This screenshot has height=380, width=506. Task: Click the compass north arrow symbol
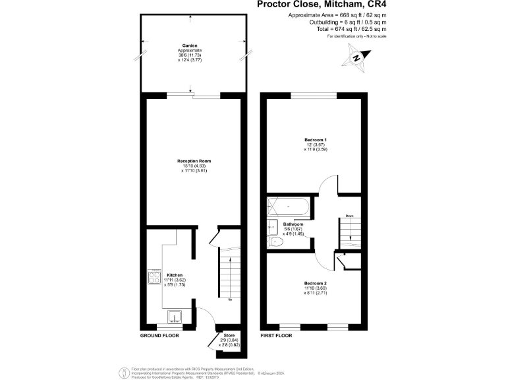[356, 57]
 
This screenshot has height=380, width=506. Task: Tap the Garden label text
[190, 46]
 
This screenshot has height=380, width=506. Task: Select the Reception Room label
[193, 160]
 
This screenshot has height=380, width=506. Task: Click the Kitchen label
[175, 274]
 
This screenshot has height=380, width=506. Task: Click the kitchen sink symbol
[175, 316]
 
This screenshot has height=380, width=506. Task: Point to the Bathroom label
[293, 224]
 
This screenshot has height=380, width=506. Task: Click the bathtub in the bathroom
[289, 206]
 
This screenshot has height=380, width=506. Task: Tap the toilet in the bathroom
[277, 243]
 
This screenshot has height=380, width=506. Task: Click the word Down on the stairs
[351, 216]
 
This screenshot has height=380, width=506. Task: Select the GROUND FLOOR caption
[159, 335]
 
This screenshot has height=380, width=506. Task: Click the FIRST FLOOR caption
[277, 335]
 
